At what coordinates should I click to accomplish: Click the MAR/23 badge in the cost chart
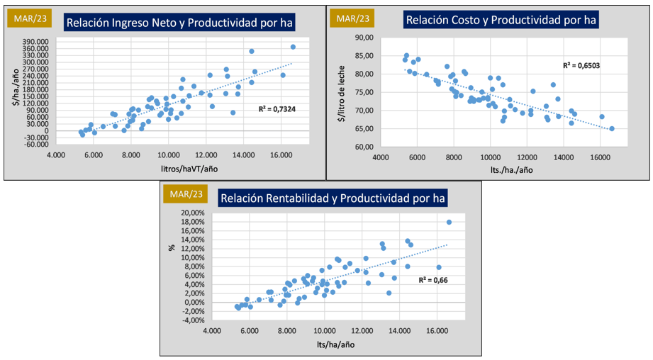point(352,18)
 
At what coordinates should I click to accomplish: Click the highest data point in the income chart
point(293,47)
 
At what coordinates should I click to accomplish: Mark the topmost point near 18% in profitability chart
point(449,222)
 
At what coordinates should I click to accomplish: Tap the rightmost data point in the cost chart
point(612,129)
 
